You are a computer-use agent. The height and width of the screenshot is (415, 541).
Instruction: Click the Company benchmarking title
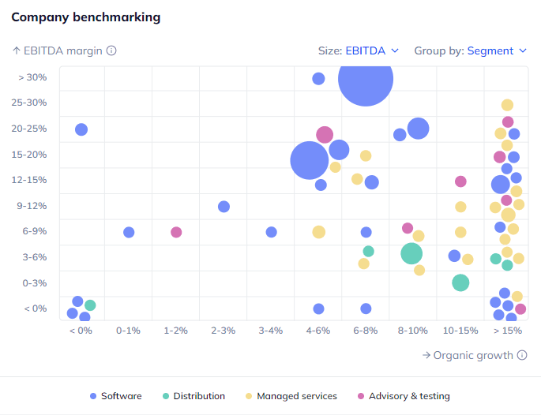click(x=86, y=17)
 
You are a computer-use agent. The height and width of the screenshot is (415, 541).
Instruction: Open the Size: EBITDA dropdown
click(x=359, y=50)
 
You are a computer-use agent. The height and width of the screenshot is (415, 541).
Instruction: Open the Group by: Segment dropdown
click(x=470, y=50)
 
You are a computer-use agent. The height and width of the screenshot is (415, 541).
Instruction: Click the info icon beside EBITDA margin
click(x=111, y=50)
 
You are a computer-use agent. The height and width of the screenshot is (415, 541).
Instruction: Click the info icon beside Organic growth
click(x=522, y=355)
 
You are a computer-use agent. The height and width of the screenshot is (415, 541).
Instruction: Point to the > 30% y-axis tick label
click(x=32, y=77)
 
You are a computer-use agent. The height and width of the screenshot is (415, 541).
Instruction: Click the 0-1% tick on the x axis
click(x=128, y=331)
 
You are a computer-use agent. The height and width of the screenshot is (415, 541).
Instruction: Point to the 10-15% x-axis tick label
click(x=460, y=331)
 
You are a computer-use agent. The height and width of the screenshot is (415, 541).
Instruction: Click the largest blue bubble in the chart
click(x=366, y=78)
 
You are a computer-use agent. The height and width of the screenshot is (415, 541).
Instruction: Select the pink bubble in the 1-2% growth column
click(x=176, y=232)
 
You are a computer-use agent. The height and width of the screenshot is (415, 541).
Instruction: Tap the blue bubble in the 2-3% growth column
click(x=224, y=207)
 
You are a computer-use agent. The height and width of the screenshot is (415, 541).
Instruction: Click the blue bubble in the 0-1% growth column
click(x=129, y=232)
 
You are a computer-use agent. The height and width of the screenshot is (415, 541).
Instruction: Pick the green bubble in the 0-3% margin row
click(x=460, y=282)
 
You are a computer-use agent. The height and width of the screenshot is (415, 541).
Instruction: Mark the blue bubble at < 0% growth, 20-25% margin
click(x=81, y=129)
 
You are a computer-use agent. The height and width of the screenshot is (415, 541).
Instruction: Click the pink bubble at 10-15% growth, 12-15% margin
click(x=460, y=181)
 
